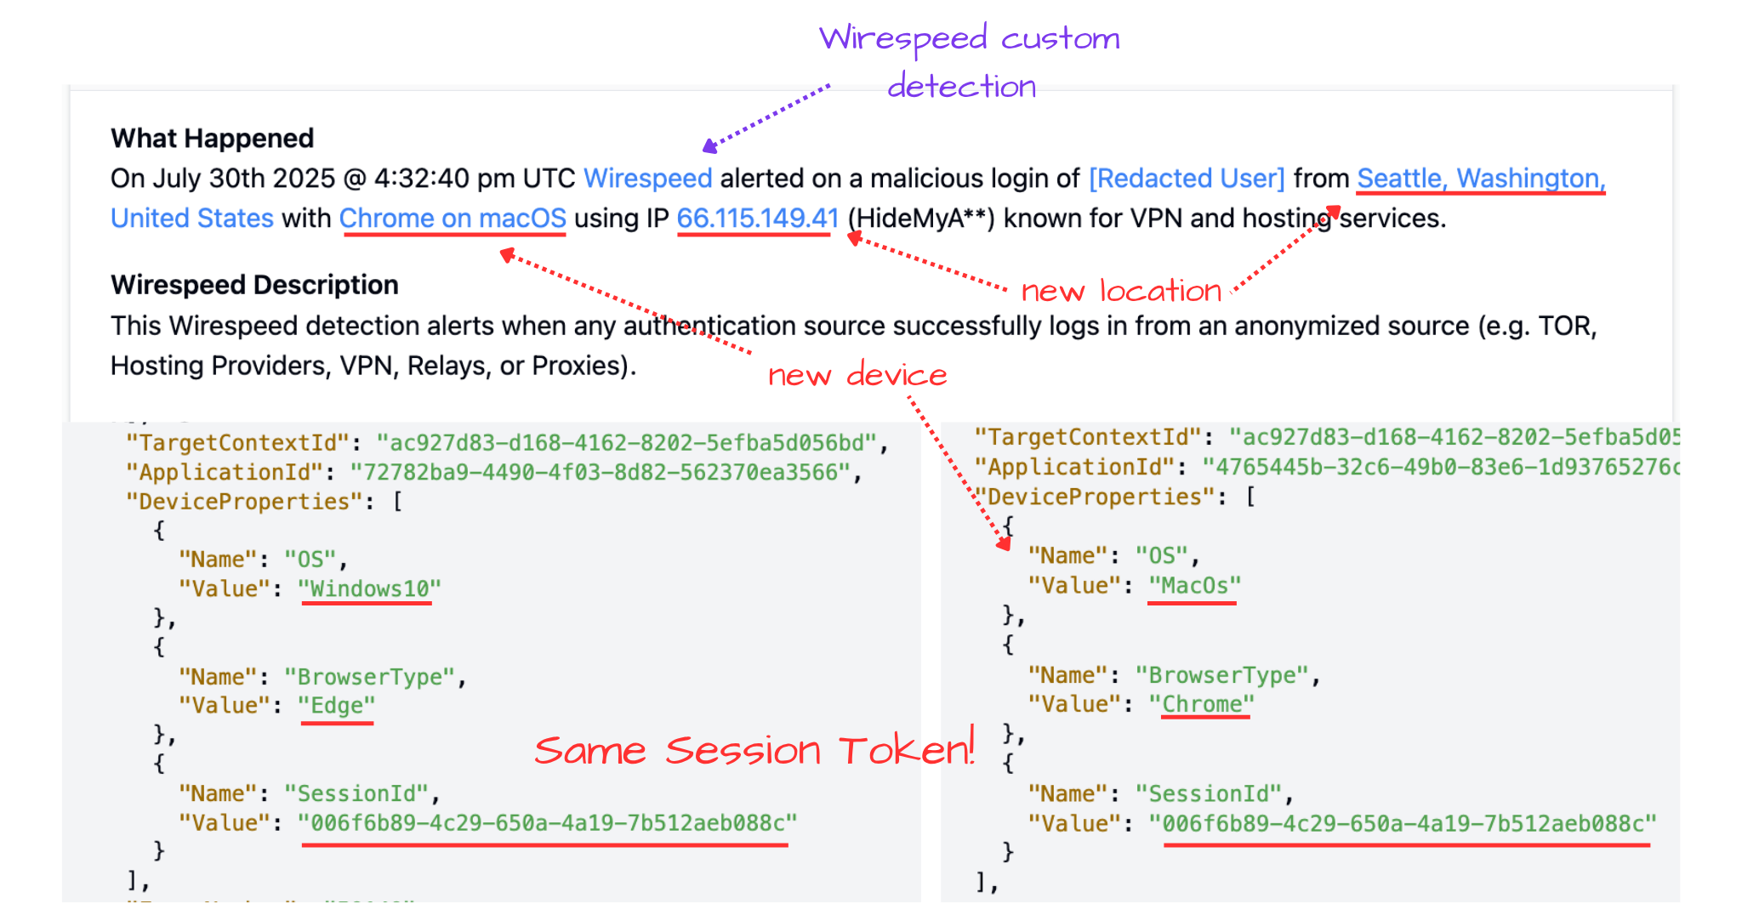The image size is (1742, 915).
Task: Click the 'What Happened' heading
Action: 212,138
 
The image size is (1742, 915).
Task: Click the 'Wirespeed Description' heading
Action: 254,284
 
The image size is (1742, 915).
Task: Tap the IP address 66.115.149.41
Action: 757,219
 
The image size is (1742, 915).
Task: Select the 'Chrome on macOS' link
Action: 453,219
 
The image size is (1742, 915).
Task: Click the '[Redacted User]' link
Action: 1187,179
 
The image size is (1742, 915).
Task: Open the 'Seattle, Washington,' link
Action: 1480,179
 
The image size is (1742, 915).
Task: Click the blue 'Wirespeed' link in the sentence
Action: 647,179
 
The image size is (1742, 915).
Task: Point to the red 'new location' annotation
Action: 1121,291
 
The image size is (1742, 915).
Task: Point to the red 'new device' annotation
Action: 857,375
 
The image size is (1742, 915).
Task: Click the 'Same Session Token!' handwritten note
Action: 754,750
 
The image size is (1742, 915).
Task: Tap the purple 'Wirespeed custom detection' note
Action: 969,61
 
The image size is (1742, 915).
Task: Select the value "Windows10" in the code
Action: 369,588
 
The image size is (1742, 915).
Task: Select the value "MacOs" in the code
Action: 1194,585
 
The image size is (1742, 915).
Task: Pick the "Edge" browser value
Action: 337,706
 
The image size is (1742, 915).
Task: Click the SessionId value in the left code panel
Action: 547,822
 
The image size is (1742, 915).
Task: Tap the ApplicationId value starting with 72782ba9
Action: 600,472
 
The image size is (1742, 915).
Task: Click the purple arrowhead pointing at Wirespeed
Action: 709,147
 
